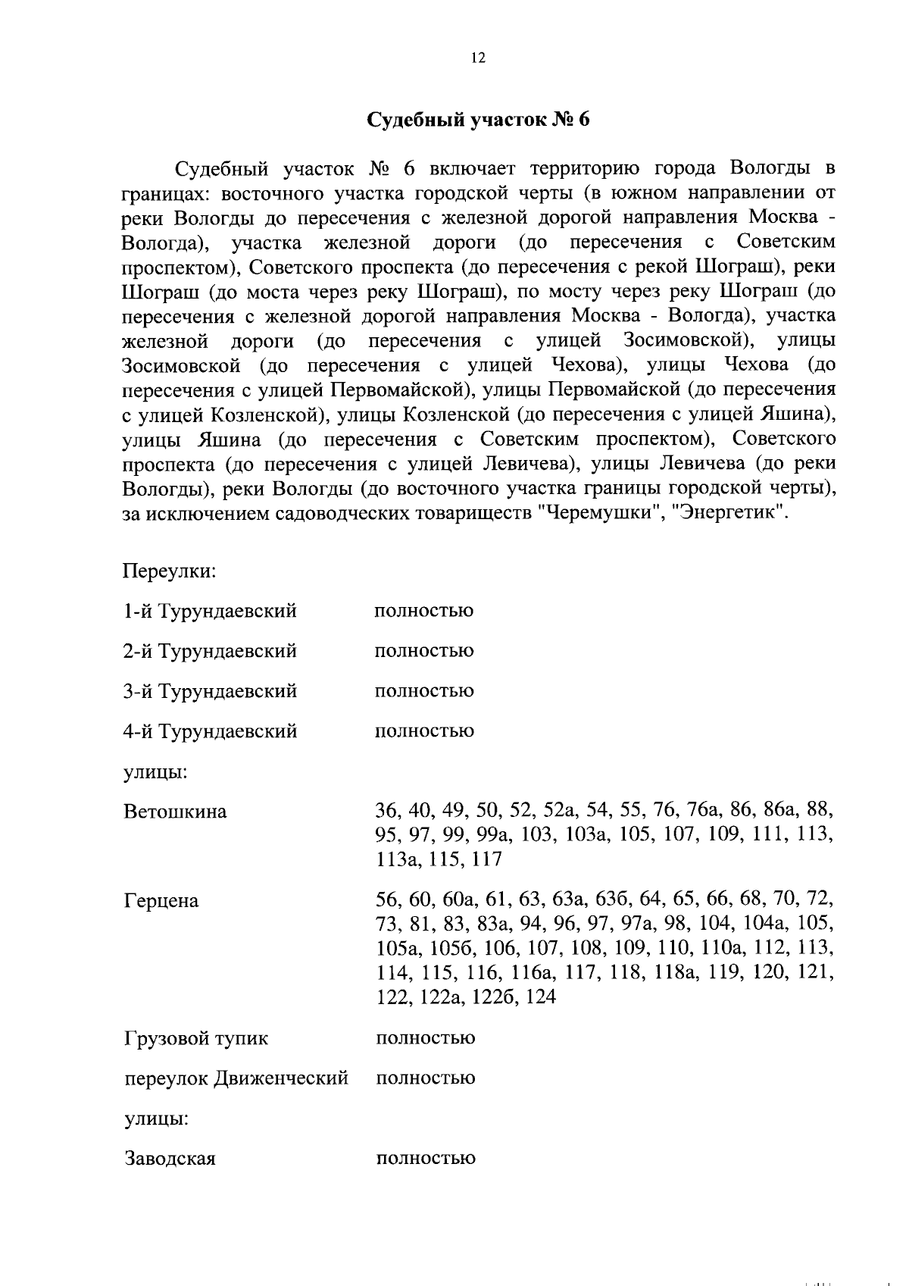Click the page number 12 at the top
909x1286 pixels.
(477, 58)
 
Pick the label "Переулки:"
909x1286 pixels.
(170, 570)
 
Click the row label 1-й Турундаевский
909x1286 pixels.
(210, 611)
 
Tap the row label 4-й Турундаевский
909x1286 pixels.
(210, 731)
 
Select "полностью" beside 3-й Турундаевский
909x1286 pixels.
(424, 691)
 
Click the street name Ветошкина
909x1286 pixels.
(175, 812)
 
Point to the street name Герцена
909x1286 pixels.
(161, 901)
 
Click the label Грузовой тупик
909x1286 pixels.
(195, 1038)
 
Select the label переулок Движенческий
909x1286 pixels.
(236, 1078)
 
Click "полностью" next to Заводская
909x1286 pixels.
(425, 1159)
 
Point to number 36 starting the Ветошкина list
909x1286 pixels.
(388, 811)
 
